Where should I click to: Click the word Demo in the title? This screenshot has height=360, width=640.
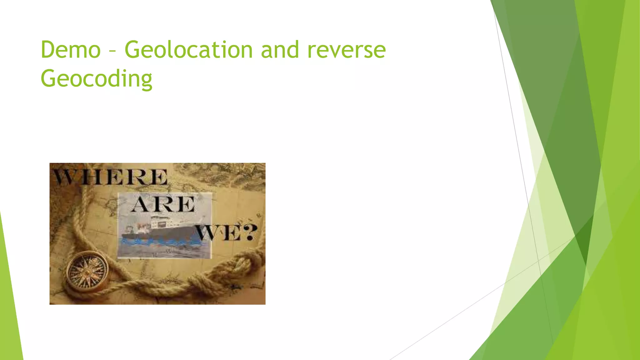[71, 50]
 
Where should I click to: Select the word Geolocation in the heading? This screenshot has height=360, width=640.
[189, 50]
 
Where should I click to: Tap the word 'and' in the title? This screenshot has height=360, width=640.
[280, 50]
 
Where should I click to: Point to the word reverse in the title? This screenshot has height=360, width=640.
[347, 50]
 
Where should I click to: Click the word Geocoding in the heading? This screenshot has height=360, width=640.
[96, 79]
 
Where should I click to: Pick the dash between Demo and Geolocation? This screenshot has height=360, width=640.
[112, 51]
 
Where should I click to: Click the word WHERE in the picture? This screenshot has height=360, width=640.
[110, 177]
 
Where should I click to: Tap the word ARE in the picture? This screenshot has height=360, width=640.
[163, 205]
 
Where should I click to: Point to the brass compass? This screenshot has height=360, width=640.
[88, 271]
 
